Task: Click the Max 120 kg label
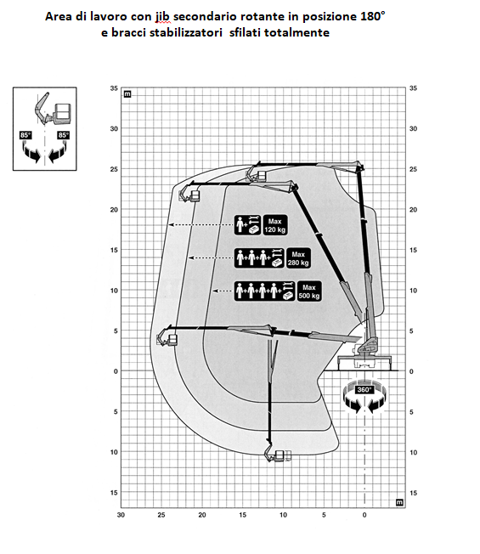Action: click(274, 225)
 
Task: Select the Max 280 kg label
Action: click(298, 258)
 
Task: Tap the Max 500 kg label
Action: click(309, 291)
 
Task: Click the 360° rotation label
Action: click(364, 389)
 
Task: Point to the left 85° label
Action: click(25, 135)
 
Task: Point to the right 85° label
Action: click(63, 135)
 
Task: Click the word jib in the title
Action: click(162, 17)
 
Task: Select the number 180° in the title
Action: click(373, 16)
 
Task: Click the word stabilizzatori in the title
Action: click(186, 32)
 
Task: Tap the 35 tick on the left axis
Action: click(114, 88)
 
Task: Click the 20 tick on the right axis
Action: click(413, 210)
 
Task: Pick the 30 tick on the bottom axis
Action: click(121, 515)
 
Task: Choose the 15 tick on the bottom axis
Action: click(243, 515)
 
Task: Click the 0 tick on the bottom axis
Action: click(364, 515)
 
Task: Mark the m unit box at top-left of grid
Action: click(127, 94)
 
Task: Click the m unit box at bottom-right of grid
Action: click(399, 502)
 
